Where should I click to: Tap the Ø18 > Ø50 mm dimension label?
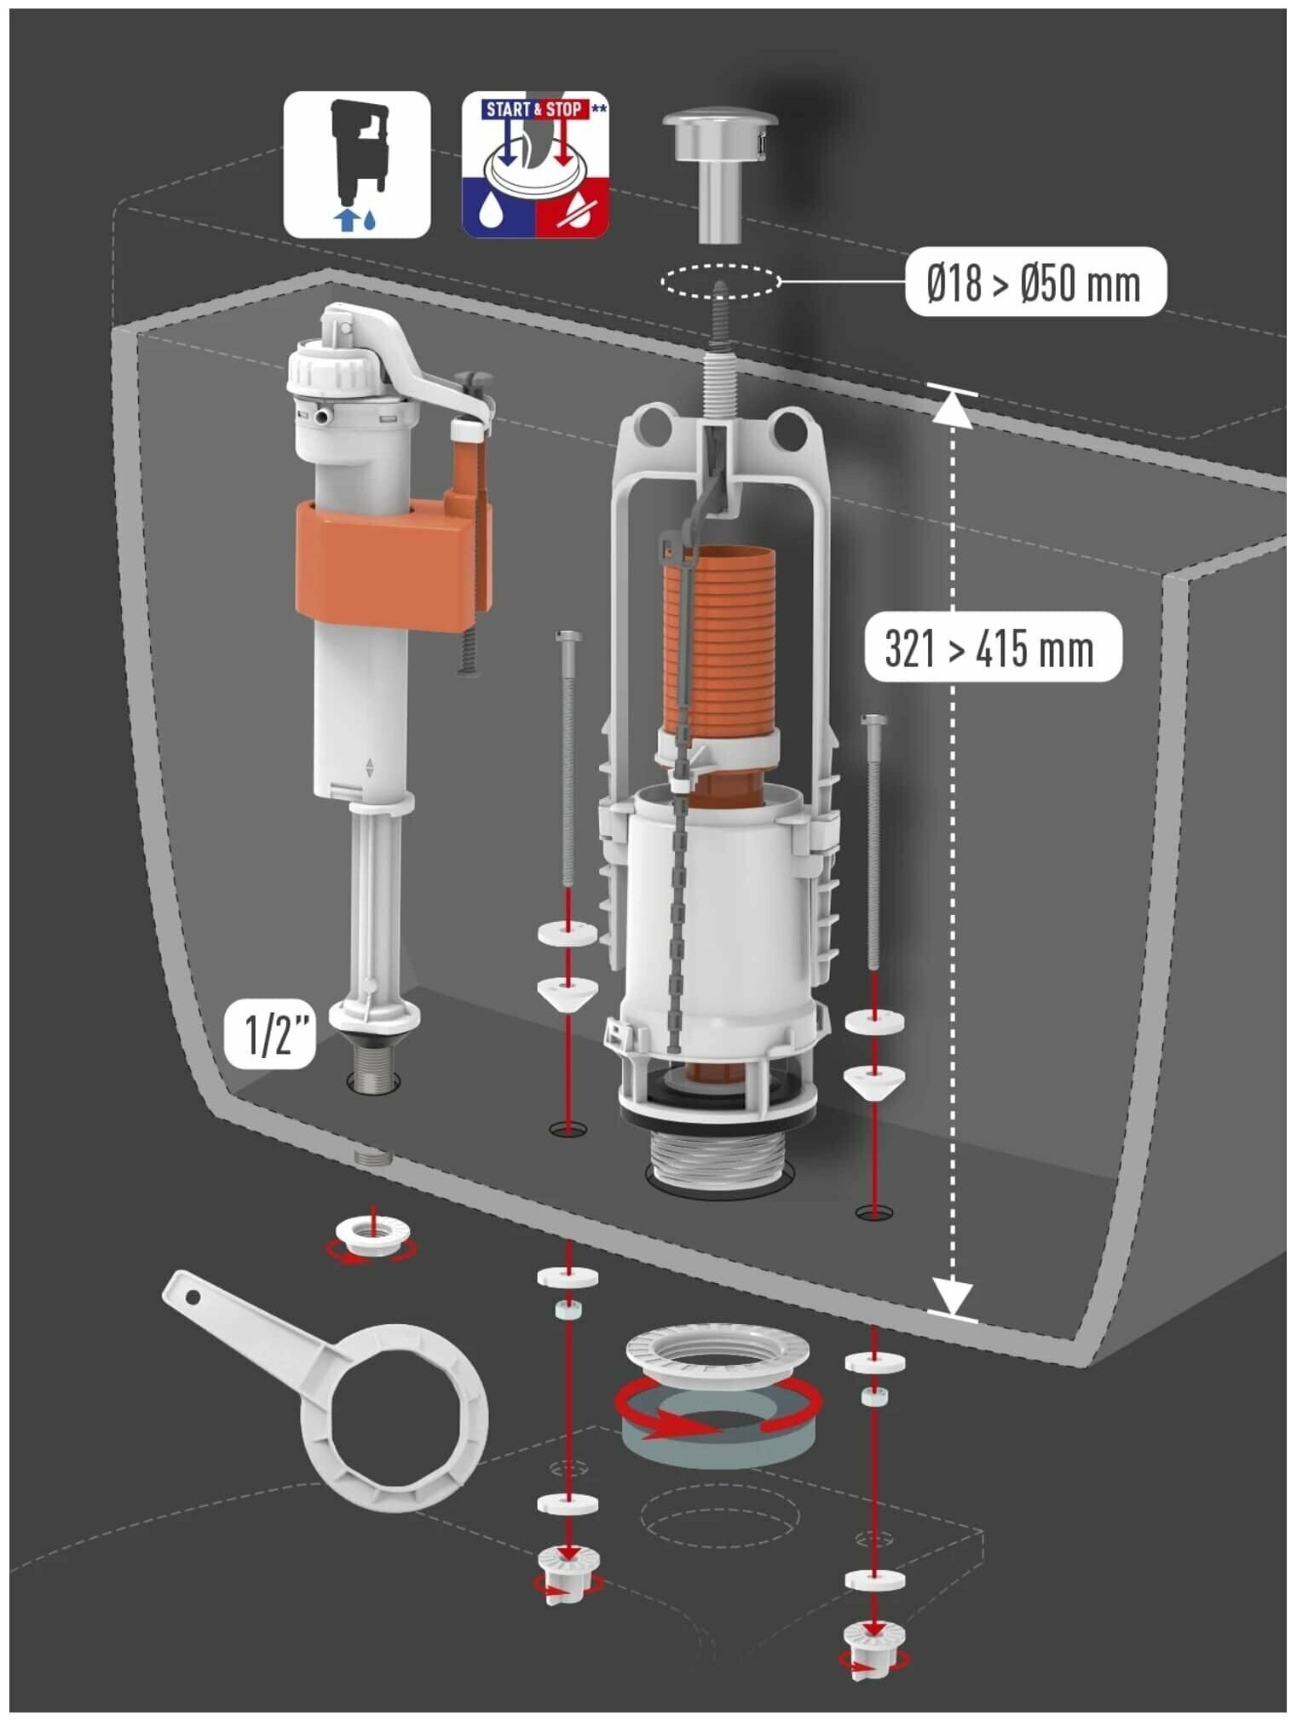tap(1035, 282)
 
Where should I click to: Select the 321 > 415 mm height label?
tap(991, 648)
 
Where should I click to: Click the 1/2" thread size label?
tap(269, 1034)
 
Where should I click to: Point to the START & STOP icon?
tap(535, 164)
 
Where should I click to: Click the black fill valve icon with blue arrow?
tap(357, 164)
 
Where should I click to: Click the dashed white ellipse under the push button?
tap(721, 280)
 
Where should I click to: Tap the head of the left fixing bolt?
tap(568, 637)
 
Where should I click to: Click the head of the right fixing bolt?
tap(874, 722)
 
